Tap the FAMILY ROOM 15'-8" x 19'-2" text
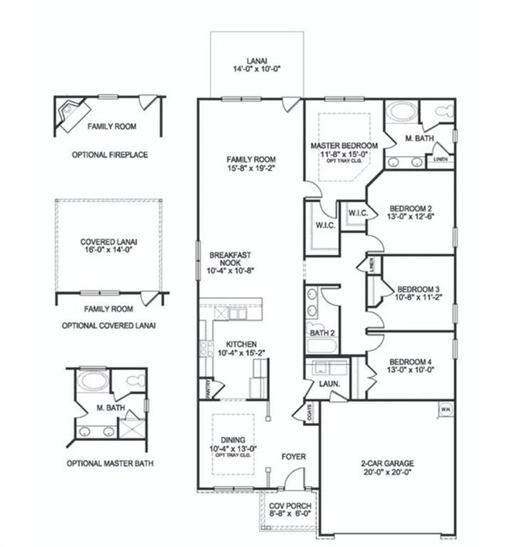(x=251, y=163)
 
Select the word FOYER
(x=293, y=457)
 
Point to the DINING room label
(x=232, y=443)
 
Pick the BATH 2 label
(x=322, y=334)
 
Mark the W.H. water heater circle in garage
(x=445, y=409)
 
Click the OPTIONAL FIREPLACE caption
(x=110, y=155)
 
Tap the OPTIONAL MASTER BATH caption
(x=110, y=463)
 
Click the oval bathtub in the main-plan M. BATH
(x=400, y=112)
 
